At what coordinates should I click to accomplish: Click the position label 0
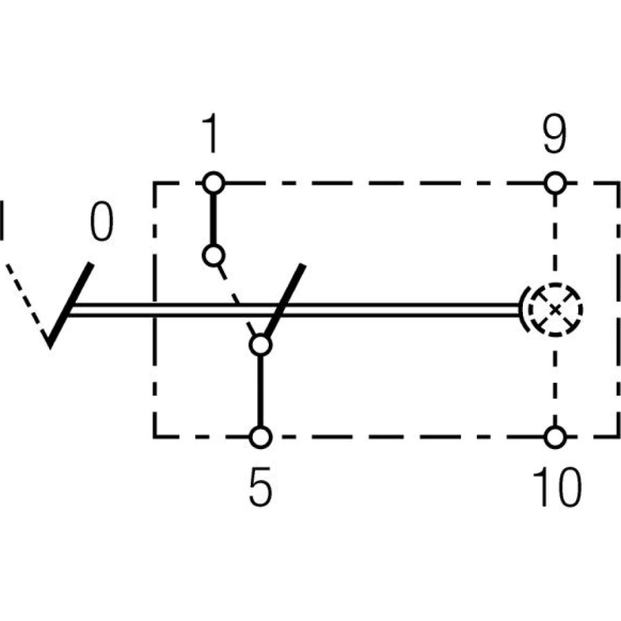click(101, 222)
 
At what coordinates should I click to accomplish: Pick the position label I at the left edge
click(3, 220)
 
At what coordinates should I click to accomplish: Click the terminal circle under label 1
click(213, 183)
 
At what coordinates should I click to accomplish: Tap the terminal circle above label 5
click(261, 437)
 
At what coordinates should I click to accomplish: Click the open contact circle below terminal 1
click(213, 255)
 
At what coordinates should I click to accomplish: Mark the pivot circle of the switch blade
click(261, 345)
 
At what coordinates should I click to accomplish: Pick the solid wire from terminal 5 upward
click(261, 391)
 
